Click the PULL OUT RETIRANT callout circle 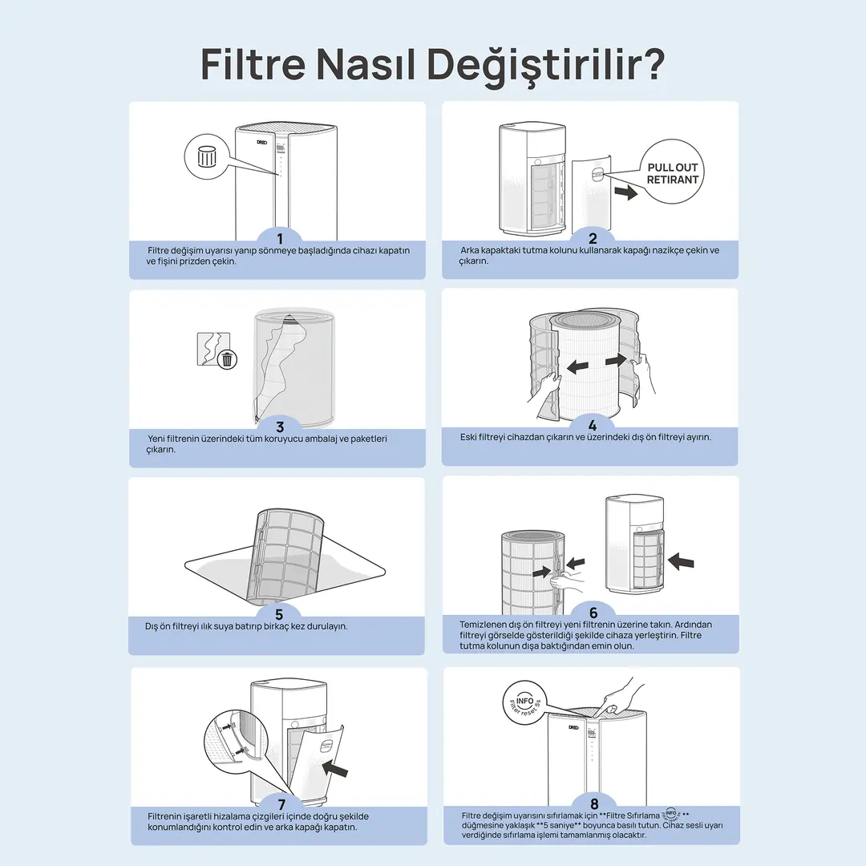[672, 172]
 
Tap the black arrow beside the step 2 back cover [625, 192]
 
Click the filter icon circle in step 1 [207, 156]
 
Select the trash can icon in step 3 [227, 359]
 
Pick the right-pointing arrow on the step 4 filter [616, 361]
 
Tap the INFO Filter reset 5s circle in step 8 [525, 703]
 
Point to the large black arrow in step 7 [334, 767]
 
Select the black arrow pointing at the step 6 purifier [681, 561]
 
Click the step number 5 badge [279, 613]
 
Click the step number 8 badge [594, 803]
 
